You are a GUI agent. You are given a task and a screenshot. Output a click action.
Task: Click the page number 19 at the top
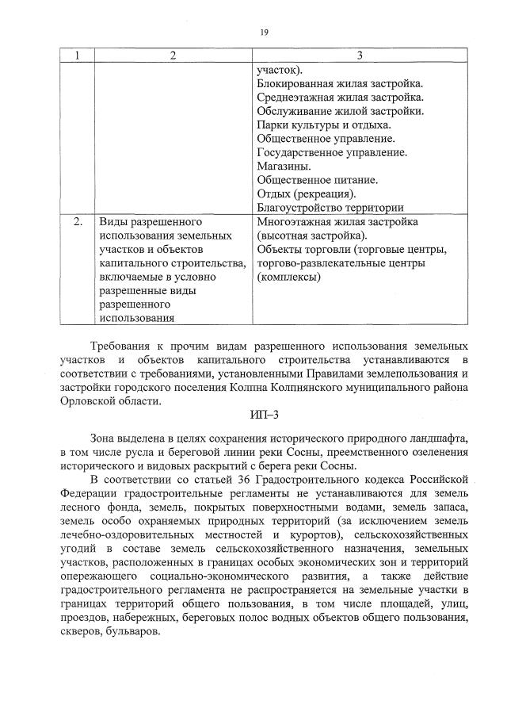click(263, 32)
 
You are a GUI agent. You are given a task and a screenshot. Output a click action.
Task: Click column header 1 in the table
click(77, 56)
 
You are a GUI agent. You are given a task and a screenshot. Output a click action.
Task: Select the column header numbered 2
click(172, 56)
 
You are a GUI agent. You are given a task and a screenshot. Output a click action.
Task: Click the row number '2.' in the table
click(78, 222)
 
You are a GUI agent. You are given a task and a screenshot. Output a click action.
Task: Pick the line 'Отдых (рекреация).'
click(307, 193)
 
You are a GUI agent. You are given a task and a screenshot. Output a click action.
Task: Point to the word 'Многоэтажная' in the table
click(293, 222)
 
